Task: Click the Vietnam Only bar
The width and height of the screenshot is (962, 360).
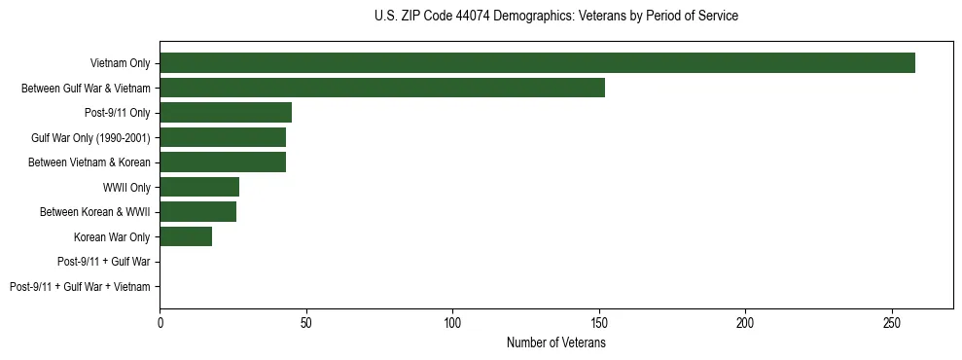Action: [537, 63]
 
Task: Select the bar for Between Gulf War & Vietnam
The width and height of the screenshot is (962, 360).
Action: [382, 88]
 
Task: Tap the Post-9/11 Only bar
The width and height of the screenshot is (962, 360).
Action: [226, 113]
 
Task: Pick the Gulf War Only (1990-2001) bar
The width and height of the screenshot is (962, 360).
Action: [223, 137]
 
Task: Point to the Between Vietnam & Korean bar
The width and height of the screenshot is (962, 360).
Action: [223, 162]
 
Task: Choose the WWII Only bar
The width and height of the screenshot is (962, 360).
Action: [199, 187]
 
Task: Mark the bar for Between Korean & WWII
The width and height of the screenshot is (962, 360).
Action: [197, 212]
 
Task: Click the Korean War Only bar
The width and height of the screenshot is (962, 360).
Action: [186, 236]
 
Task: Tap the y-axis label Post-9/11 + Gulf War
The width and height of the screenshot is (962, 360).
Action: [104, 262]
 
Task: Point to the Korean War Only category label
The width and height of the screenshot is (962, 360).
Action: [112, 236]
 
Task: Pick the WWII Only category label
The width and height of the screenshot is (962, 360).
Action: [126, 187]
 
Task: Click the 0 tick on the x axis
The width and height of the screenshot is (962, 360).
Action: [160, 322]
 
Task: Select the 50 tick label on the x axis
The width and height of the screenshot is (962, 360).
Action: [306, 322]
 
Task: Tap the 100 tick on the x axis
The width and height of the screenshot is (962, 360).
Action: [452, 322]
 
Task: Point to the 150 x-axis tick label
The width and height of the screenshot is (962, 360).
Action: [599, 322]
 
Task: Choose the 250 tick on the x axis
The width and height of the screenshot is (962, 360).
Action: [892, 322]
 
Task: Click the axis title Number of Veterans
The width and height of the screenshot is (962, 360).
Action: [555, 342]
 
